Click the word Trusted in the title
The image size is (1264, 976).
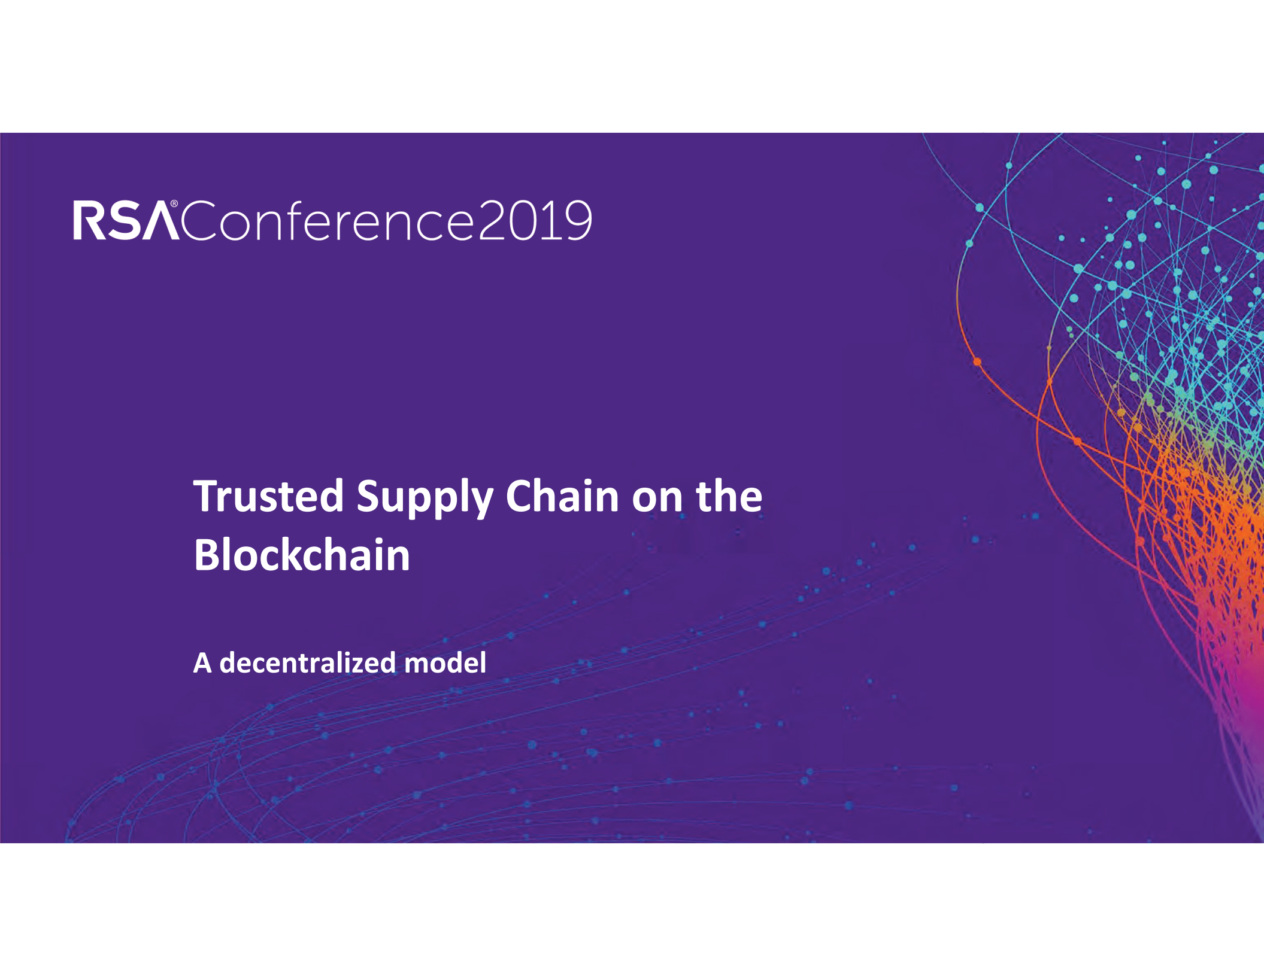pyautogui.click(x=268, y=496)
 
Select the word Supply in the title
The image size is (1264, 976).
pyautogui.click(x=424, y=497)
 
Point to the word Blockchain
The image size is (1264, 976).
pyautogui.click(x=302, y=555)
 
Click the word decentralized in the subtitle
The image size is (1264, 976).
pyautogui.click(x=307, y=662)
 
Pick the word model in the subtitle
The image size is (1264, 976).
pyautogui.click(x=445, y=662)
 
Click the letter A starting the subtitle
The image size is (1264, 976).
pyautogui.click(x=202, y=663)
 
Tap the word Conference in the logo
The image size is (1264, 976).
pyautogui.click(x=327, y=220)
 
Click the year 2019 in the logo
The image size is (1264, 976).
pyautogui.click(x=535, y=220)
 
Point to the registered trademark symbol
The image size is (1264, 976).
pyautogui.click(x=174, y=204)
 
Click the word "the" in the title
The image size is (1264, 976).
pyautogui.click(x=729, y=496)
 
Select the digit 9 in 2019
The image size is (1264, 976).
pyautogui.click(x=578, y=220)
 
